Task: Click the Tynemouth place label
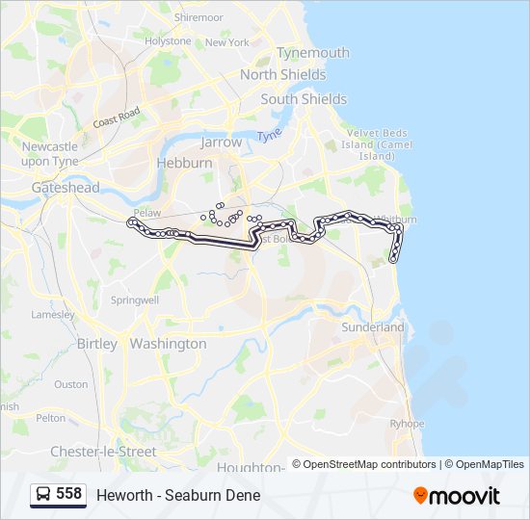pos(312,53)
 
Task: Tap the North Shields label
pos(283,74)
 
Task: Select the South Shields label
pos(304,99)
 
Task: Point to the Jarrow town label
pos(221,142)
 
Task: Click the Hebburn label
pos(184,164)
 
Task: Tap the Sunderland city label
pos(373,327)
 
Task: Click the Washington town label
pos(168,344)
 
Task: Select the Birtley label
pos(96,344)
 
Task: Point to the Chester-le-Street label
pos(103,452)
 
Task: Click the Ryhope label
pos(407,424)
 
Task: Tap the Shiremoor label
pos(199,17)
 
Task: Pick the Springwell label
pos(134,300)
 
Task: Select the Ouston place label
pos(70,383)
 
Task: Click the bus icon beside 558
pos(43,495)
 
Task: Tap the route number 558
pos(68,494)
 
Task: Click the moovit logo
pos(457,495)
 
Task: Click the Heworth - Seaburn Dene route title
pos(178,495)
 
